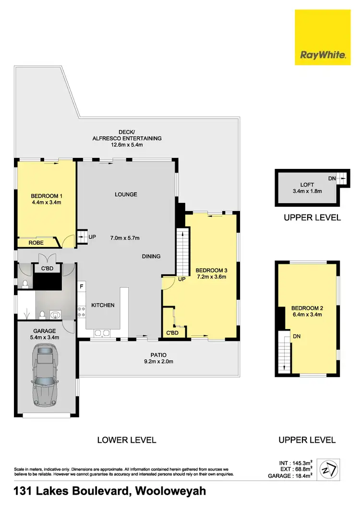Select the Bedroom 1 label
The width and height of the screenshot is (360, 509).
47,196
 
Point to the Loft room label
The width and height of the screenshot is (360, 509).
307,184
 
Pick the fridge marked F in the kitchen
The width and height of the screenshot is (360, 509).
82,287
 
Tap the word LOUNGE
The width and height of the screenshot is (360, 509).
126,194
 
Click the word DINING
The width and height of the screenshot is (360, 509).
151,256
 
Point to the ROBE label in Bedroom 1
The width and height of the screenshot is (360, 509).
36,243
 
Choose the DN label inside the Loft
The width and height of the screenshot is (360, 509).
332,178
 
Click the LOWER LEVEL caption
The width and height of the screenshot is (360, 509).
127,439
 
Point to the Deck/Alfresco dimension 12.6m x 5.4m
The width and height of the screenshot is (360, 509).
127,144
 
